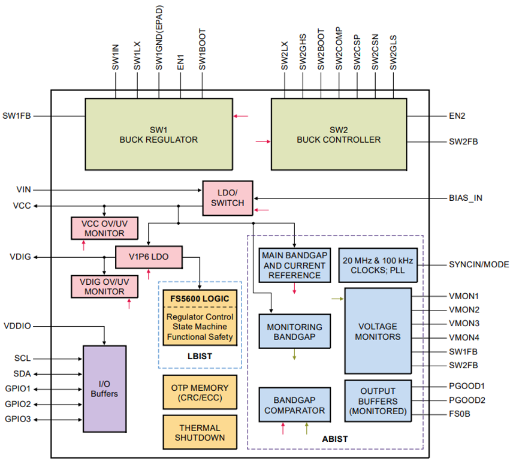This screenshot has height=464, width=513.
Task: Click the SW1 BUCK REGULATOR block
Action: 158,135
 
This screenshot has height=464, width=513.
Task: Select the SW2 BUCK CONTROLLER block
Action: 339,135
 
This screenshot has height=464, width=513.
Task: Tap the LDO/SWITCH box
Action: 227,198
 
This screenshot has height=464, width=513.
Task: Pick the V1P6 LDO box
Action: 148,257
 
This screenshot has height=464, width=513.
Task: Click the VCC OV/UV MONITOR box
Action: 104,228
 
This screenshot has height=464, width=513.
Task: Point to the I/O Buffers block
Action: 104,388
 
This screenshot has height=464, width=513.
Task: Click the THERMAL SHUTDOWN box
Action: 199,432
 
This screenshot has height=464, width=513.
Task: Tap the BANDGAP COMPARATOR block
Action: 294,405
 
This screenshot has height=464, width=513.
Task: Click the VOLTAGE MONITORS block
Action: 378,332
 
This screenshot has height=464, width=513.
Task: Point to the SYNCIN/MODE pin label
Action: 478,264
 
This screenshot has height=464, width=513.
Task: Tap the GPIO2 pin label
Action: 17,403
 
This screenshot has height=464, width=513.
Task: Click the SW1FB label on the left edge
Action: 17,116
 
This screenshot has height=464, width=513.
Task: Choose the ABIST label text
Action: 335,439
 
